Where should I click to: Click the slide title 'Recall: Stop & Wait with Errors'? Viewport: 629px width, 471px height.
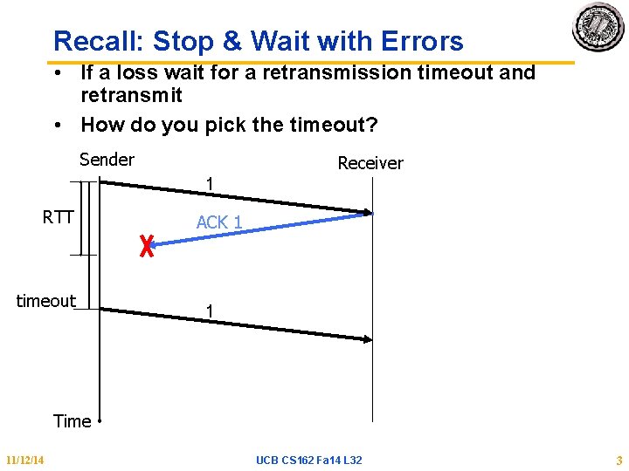coord(258,41)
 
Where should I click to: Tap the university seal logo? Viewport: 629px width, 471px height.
coord(598,28)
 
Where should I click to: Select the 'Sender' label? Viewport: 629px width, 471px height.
coord(107,160)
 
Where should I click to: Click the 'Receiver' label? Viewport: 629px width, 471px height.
coord(370,163)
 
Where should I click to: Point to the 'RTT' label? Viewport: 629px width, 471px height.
coord(58,217)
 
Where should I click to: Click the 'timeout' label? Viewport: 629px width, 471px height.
coord(46,301)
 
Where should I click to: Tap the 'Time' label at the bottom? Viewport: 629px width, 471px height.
coord(72,421)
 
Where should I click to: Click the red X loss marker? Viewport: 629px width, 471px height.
coord(146,247)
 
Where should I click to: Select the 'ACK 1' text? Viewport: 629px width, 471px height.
coord(218,222)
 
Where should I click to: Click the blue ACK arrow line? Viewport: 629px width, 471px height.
coord(262,230)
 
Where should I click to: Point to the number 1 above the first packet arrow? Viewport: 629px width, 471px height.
coord(210,184)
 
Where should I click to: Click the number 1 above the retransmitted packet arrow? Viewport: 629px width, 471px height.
coord(209,311)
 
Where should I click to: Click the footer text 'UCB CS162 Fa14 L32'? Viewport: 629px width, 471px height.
coord(309,460)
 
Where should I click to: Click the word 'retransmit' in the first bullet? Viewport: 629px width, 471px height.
coord(131,95)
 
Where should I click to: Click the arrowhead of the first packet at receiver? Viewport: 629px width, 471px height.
coord(368,212)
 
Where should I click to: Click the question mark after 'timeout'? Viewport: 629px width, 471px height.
coord(372,125)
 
